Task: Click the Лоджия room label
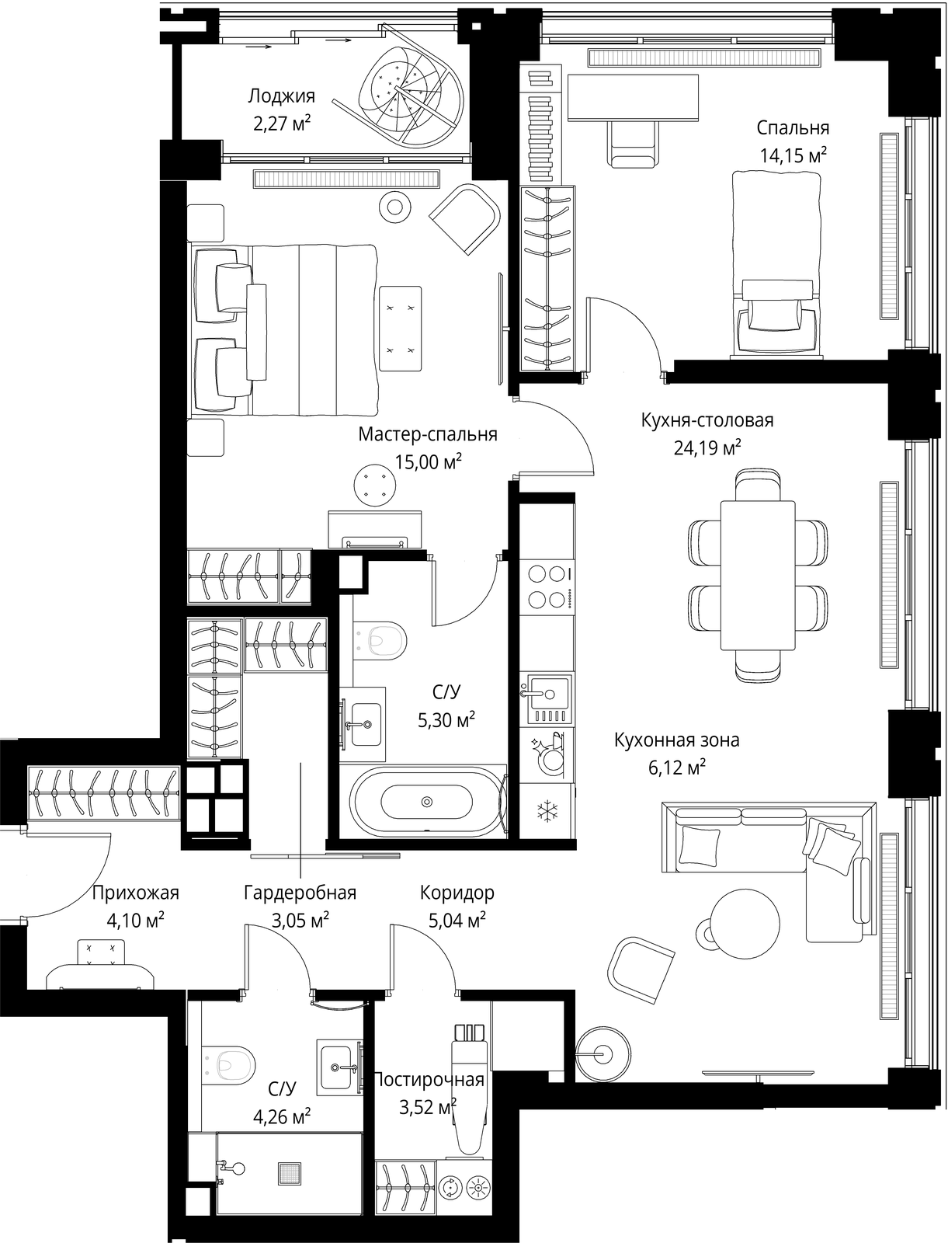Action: click(x=281, y=97)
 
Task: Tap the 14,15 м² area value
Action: click(x=793, y=155)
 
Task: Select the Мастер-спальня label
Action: click(x=428, y=434)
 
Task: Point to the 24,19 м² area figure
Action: click(x=707, y=447)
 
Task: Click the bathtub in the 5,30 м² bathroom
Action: click(x=427, y=801)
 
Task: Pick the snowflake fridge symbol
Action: click(x=547, y=813)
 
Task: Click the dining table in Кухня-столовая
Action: click(x=758, y=575)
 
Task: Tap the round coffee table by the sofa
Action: click(x=745, y=924)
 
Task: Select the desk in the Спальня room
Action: click(x=633, y=97)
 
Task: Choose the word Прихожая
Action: click(x=135, y=893)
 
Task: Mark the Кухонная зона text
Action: click(x=677, y=740)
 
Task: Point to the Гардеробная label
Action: click(x=300, y=893)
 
